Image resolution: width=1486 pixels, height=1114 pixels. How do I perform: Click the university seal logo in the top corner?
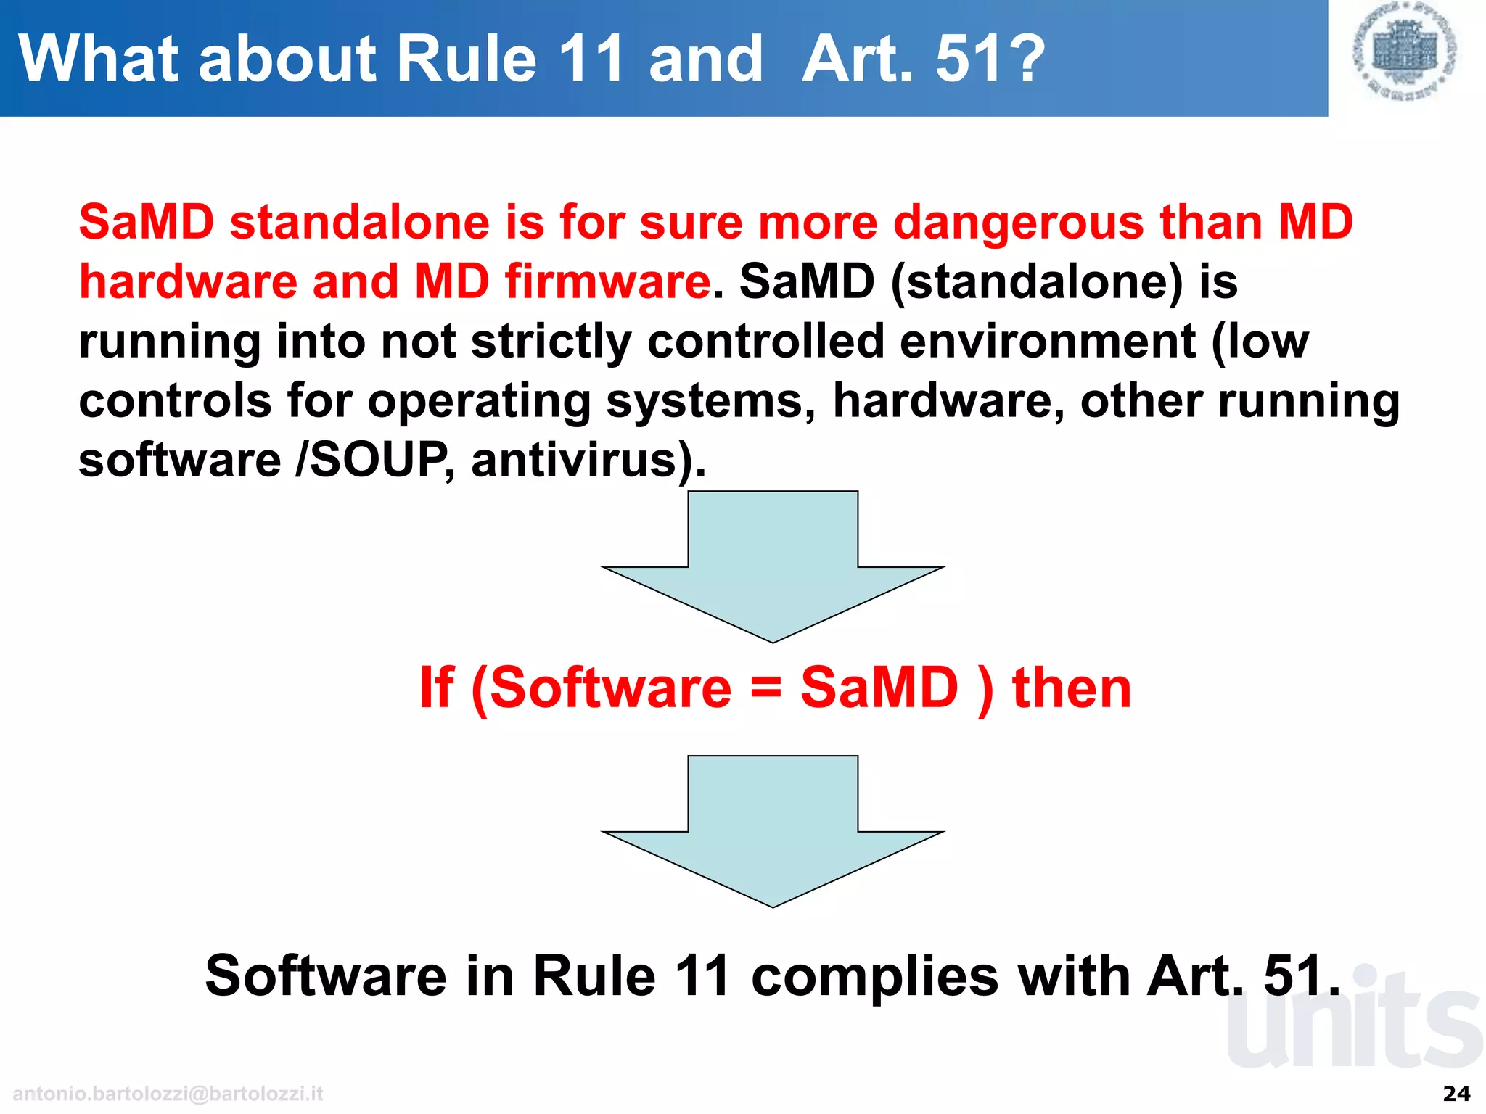1405,51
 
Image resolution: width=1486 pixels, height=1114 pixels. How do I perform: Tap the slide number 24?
1456,1094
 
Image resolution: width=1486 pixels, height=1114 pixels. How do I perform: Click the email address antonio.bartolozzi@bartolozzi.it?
168,1094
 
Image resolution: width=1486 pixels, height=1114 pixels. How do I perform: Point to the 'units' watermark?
1353,1023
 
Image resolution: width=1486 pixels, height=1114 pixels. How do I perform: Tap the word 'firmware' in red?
607,281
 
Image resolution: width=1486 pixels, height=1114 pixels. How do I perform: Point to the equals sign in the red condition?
765,688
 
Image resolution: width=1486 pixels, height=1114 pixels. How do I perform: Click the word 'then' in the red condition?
1071,688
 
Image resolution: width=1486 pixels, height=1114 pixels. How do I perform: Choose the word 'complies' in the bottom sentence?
874,975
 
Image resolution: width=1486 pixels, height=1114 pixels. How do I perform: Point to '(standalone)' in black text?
1036,281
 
